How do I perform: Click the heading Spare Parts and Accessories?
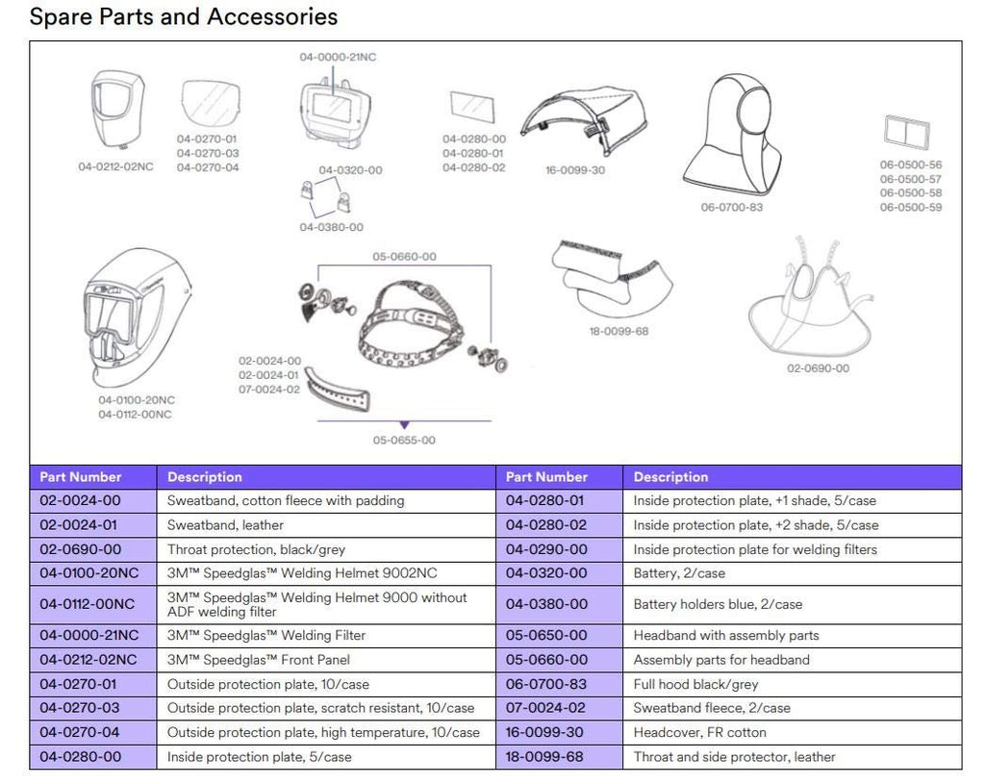tap(184, 17)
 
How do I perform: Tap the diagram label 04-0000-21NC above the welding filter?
tap(338, 58)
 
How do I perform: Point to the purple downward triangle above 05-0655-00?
tap(404, 424)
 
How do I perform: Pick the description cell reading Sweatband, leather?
tap(226, 525)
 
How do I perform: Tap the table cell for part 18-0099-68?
tap(546, 757)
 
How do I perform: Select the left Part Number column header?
tap(81, 477)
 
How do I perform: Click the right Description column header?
tap(670, 477)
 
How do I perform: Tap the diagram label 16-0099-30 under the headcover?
tap(575, 170)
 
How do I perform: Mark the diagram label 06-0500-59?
tap(910, 207)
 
